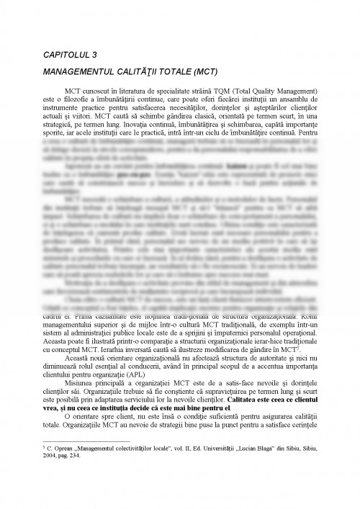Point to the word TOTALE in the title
coord(163,72)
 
